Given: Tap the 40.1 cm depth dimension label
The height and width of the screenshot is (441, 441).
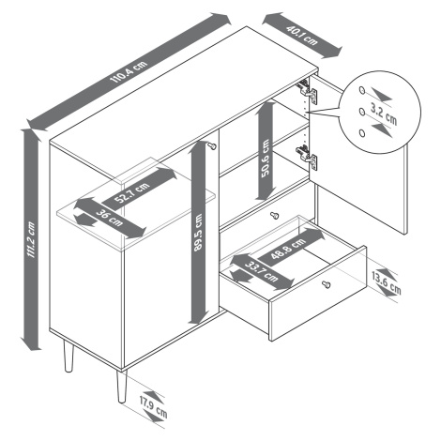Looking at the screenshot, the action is coord(302,36).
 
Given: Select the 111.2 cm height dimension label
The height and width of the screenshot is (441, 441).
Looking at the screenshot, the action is coord(31,239).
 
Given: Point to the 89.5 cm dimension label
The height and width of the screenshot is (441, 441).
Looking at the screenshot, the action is coord(198,233).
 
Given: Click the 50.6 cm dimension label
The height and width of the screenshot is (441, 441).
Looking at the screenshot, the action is coord(266,159).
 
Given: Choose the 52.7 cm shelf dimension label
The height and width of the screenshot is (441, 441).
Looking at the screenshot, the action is coord(131,192).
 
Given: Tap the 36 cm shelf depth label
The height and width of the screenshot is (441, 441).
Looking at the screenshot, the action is coord(110,218).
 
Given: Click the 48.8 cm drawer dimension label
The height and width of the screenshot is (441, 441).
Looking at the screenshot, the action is coord(287,249).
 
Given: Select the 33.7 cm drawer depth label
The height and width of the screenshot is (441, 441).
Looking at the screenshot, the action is coord(262,271).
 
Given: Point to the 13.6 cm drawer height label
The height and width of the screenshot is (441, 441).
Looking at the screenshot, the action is coord(387,283).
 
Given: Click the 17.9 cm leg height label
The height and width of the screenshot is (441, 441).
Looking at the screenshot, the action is coord(154,407).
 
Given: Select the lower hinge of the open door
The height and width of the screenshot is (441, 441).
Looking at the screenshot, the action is coord(307,157).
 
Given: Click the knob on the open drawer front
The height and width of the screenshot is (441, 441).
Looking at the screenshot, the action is coord(327,284).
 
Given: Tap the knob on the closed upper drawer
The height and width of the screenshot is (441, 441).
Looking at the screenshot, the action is coord(274,215).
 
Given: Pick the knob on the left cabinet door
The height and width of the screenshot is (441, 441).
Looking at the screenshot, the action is coord(212,145).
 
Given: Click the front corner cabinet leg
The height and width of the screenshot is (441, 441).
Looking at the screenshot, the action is coord(121,387).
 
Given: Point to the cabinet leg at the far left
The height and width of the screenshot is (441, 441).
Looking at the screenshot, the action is coord(68,356).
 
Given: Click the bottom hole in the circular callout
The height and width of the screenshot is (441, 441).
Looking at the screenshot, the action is coord(362,133).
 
